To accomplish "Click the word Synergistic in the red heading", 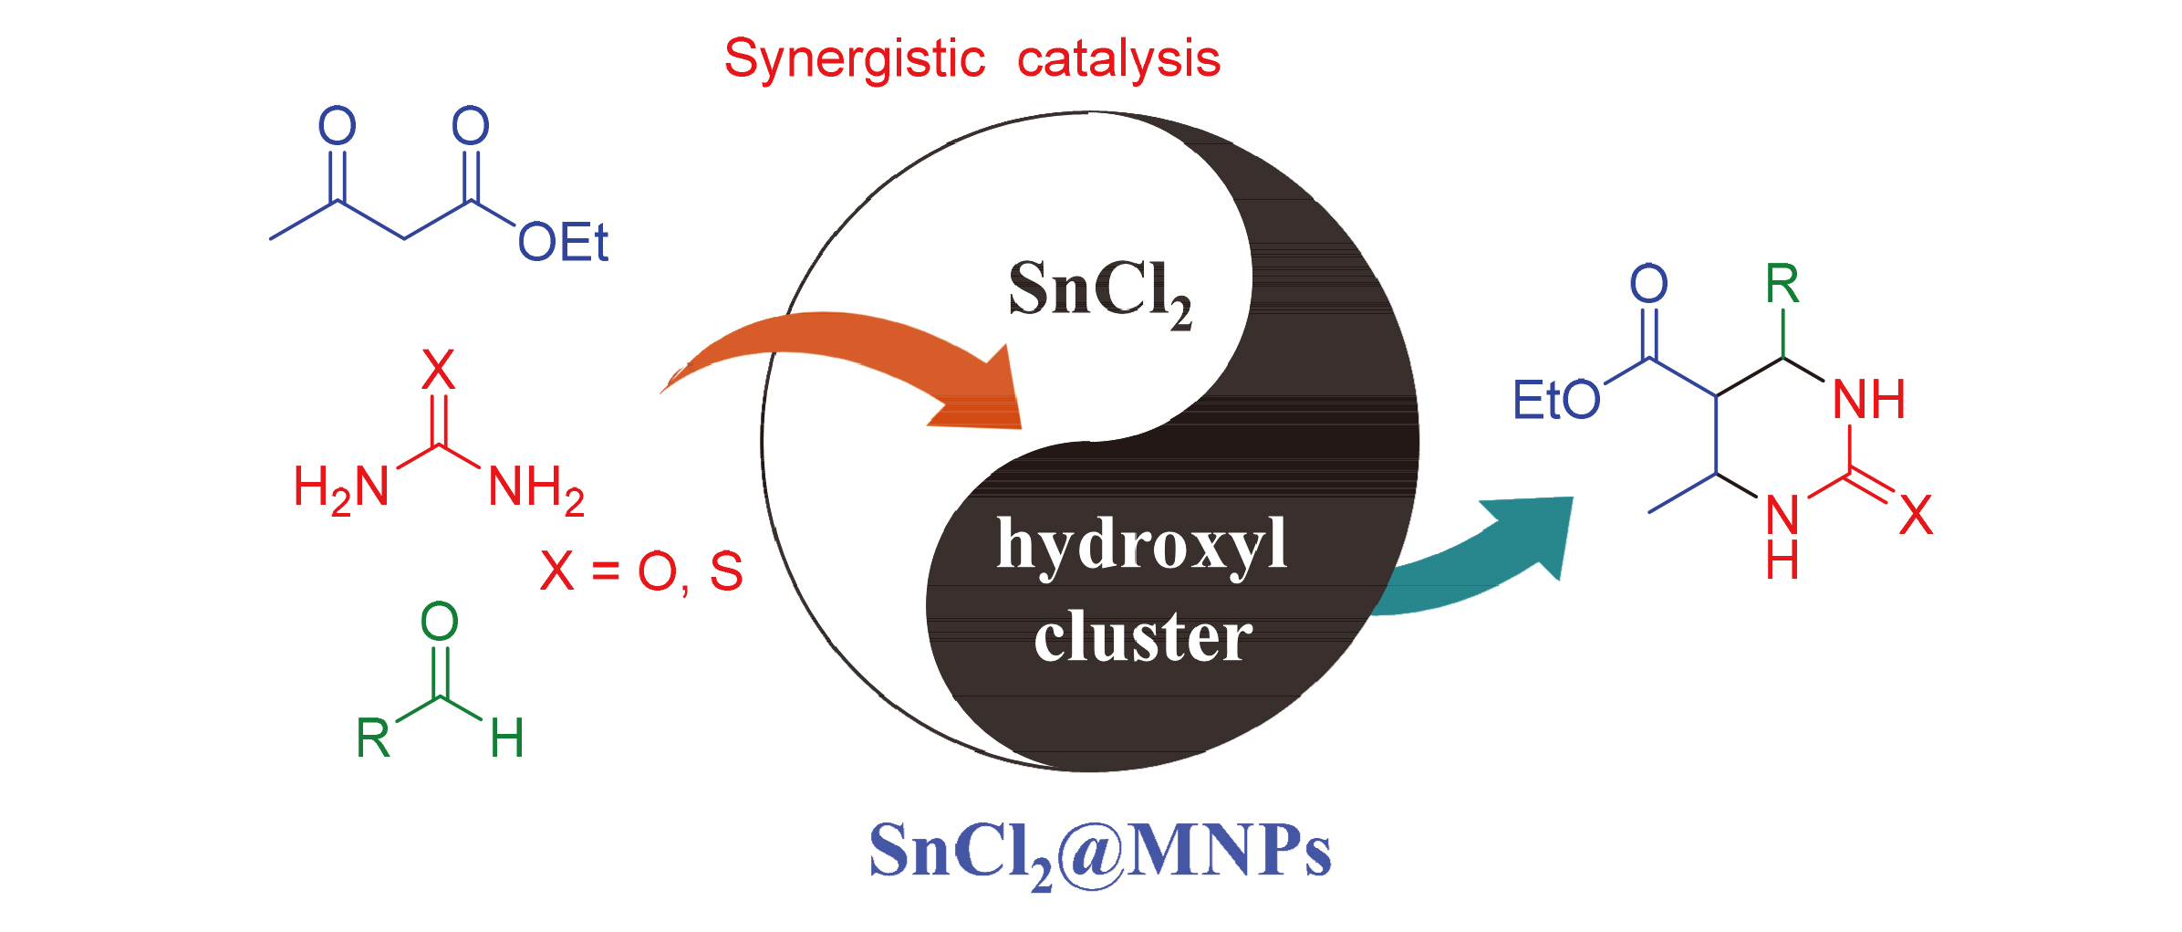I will point(854,60).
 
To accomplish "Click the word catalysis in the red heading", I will point(1118,60).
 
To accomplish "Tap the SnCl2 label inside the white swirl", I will point(1098,290).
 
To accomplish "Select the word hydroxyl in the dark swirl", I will point(1141,545).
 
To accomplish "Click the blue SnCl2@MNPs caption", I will point(1099,851).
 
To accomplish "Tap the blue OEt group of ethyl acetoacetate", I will point(562,243).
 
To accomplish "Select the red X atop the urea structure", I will point(438,370).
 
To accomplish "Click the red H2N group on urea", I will point(340,487).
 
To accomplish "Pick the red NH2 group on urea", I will point(535,487).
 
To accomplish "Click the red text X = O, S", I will point(641,572).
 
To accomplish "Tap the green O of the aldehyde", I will point(439,622).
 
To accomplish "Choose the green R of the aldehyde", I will point(373,738).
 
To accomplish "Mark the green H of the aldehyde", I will point(507,738).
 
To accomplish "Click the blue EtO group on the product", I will point(1556,400).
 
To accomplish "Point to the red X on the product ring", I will point(1916,515).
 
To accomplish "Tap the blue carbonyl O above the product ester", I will point(1648,283).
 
